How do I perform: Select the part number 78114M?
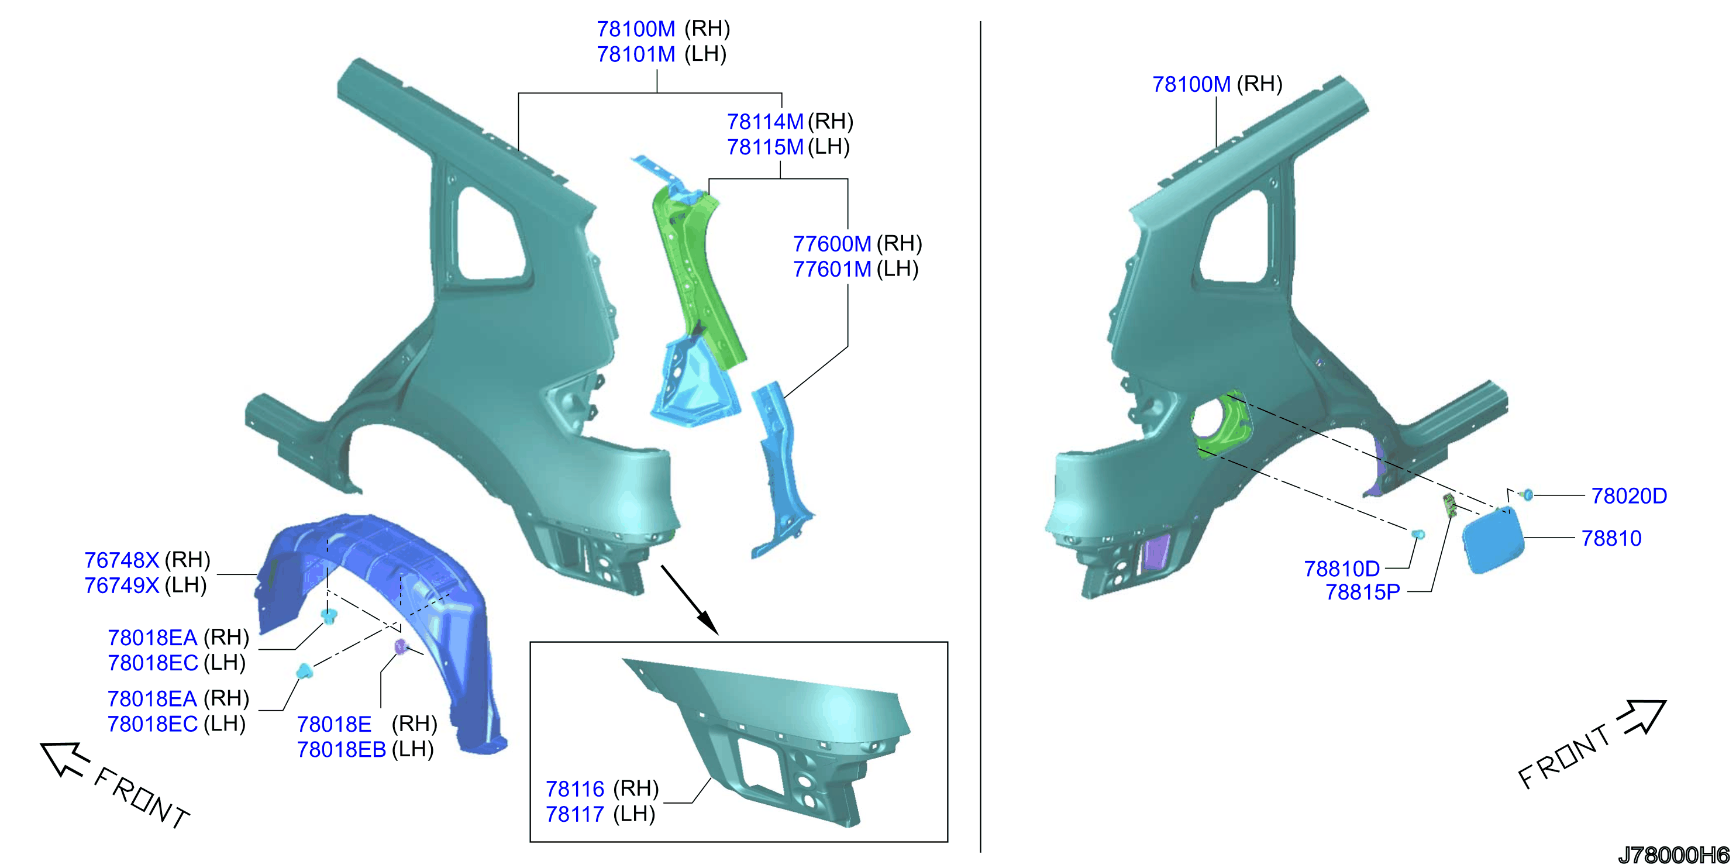pyautogui.click(x=765, y=122)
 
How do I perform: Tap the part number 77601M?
pyautogui.click(x=832, y=269)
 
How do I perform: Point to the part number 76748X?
pyautogui.click(x=121, y=560)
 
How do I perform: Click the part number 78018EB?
pyautogui.click(x=342, y=749)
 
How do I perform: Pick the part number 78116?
pyautogui.click(x=575, y=788)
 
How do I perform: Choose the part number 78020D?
pyautogui.click(x=1629, y=496)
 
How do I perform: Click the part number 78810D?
pyautogui.click(x=1342, y=569)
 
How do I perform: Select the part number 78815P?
pyautogui.click(x=1363, y=592)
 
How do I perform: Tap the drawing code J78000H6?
pyautogui.click(x=1673, y=855)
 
